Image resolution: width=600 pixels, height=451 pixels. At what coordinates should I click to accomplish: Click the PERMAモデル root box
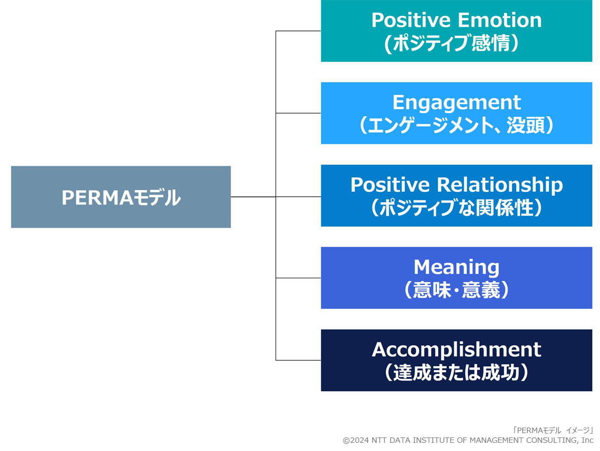121,197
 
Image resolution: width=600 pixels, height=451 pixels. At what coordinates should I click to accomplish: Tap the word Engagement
457,102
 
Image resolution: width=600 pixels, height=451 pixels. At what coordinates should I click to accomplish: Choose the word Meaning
457,267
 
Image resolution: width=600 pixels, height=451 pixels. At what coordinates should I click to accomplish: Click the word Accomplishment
457,349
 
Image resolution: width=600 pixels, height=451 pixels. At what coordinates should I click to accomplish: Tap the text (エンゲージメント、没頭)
457,127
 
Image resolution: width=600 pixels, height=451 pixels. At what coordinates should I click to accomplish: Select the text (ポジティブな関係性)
457,209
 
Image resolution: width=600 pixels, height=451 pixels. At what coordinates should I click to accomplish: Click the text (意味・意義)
457,291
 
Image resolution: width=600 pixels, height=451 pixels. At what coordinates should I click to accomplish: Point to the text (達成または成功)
457,373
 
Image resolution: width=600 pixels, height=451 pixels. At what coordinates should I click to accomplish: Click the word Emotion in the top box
500,20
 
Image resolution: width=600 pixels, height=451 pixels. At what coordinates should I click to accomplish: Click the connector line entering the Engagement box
298,113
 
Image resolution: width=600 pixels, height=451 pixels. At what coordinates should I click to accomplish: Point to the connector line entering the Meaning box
298,278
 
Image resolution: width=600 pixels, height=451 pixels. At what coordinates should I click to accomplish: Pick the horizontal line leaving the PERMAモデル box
253,197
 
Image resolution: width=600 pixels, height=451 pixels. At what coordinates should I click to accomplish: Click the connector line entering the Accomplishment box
298,360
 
